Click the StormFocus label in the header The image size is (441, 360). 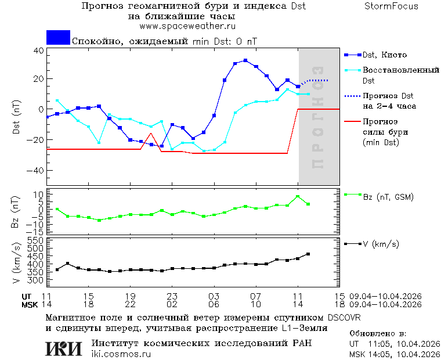[x=392, y=6]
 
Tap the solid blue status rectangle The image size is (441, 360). [x=58, y=38]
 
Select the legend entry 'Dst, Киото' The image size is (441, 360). [x=384, y=55]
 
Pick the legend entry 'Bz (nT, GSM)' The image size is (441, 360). [x=388, y=197]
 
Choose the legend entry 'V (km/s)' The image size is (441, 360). [x=381, y=244]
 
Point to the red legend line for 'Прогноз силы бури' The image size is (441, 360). [x=352, y=122]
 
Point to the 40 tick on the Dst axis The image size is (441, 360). [x=38, y=51]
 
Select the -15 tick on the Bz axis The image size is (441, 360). [x=37, y=231]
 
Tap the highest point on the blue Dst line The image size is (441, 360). [x=245, y=60]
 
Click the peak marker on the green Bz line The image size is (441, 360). [x=298, y=196]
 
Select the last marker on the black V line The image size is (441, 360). [x=308, y=254]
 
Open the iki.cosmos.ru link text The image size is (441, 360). [x=121, y=354]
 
